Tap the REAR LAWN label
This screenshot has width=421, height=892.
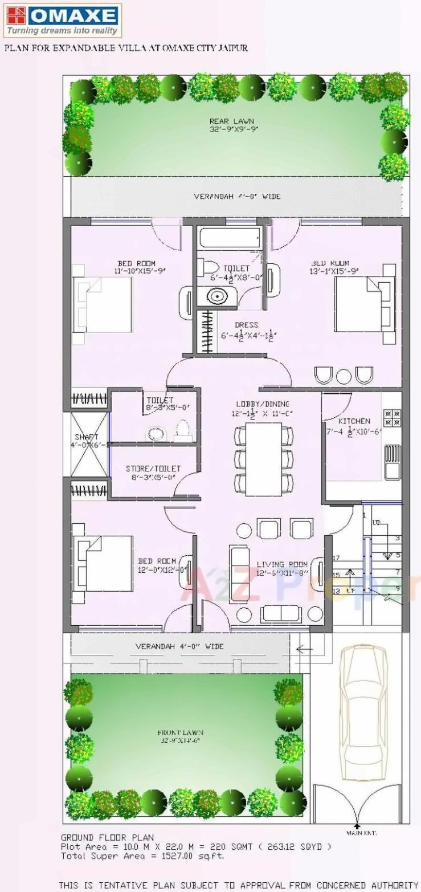pyautogui.click(x=231, y=121)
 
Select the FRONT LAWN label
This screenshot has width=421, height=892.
pyautogui.click(x=181, y=732)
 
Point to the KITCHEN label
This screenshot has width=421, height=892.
pyautogui.click(x=354, y=421)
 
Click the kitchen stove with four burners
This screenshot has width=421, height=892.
pyautogui.click(x=391, y=418)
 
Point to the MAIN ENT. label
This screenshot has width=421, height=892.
pyautogui.click(x=357, y=833)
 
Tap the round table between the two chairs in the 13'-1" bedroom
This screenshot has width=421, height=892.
pyautogui.click(x=344, y=376)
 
